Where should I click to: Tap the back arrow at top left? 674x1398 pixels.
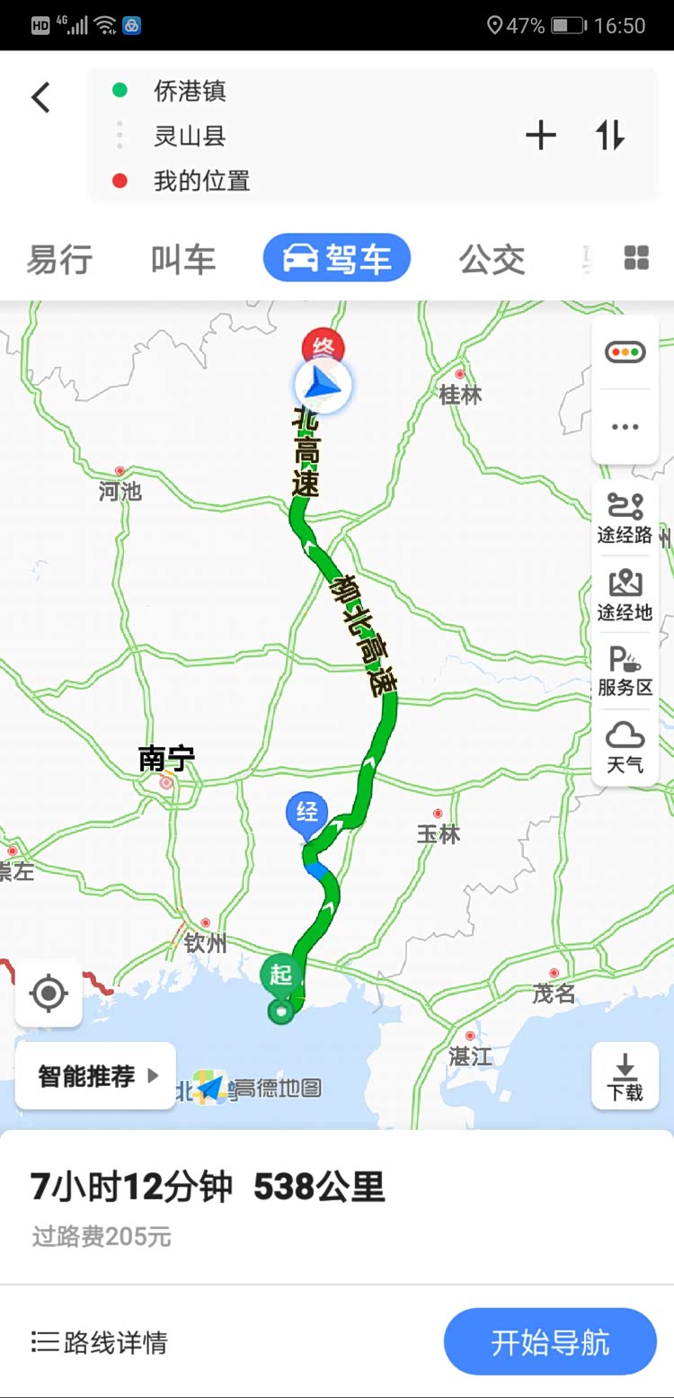40,97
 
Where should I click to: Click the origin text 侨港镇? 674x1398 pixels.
190,91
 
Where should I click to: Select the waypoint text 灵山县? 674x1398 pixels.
190,136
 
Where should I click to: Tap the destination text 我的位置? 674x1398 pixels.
201,181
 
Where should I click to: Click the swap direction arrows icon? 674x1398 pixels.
610,136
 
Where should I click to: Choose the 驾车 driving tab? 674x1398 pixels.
337,259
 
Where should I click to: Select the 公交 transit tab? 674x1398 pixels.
492,259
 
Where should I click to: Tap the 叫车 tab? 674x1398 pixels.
183,259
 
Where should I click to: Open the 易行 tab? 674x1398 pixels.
59,259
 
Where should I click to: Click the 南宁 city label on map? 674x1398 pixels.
166,759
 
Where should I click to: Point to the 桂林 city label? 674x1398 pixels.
460,395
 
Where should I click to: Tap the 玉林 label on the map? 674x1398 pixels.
438,834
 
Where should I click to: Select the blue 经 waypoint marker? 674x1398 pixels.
306,813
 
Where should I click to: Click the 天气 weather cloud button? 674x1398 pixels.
625,746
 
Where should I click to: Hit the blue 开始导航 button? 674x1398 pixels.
550,1342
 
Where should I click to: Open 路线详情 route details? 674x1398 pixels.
100,1342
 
